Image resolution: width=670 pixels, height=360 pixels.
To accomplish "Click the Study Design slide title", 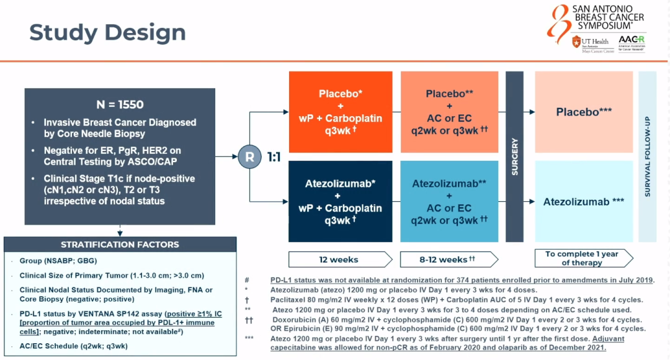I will click(107, 32).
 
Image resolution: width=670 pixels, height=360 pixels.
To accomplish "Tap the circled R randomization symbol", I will click(250, 156).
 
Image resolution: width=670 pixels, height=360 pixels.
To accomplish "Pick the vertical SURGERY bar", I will click(514, 156).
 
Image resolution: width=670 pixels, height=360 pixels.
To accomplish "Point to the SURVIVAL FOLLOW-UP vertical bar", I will click(647, 156).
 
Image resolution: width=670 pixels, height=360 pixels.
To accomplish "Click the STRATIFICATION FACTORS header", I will click(120, 245).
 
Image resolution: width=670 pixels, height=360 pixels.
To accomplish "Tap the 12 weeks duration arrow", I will click(340, 259).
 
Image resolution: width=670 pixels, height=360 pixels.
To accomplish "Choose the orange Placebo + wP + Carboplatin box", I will click(341, 111).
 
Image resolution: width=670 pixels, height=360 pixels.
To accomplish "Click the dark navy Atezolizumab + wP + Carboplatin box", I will click(341, 201).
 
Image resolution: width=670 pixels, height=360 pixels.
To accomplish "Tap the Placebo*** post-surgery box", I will click(584, 112).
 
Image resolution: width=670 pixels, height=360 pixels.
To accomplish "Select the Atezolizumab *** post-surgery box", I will click(584, 202).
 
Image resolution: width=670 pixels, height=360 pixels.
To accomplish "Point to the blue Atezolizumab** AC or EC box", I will click(450, 201).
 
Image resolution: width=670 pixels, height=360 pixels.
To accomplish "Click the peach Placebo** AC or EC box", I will click(450, 111).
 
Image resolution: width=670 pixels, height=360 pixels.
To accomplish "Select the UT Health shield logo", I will click(577, 42).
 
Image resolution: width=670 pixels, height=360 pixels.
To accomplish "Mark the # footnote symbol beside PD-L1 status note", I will click(247, 281).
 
